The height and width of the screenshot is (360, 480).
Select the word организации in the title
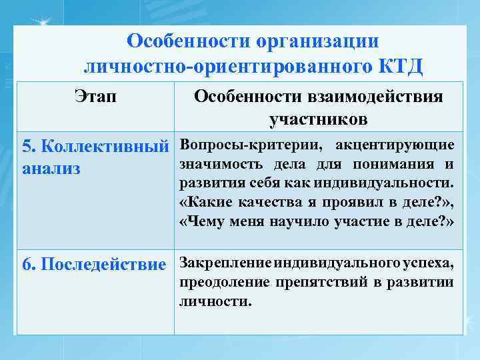(x=313, y=41)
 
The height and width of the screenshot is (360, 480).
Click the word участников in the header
(x=318, y=120)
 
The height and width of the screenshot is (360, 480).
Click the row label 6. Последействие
(x=94, y=265)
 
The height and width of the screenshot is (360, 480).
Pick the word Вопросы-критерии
(x=245, y=145)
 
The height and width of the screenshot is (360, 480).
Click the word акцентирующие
(x=395, y=145)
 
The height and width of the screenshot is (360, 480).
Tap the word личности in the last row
(x=215, y=301)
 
